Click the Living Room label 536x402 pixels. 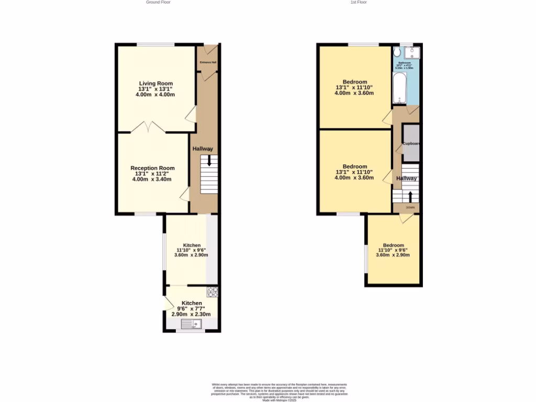click(155, 83)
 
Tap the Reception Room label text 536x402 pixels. click(152, 168)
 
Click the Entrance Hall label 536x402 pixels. click(208, 62)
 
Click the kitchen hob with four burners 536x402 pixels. click(212, 292)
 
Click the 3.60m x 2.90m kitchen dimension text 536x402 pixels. click(192, 255)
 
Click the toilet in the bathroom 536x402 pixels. click(397, 52)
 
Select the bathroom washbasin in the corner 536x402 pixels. click(416, 52)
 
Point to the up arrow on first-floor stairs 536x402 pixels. click(410, 196)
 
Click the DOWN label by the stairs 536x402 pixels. click(410, 207)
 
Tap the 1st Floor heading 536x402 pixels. click(359, 2)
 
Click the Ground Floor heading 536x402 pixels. click(158, 2)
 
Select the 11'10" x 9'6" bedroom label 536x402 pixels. click(393, 250)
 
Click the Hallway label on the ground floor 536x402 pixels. click(203, 149)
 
